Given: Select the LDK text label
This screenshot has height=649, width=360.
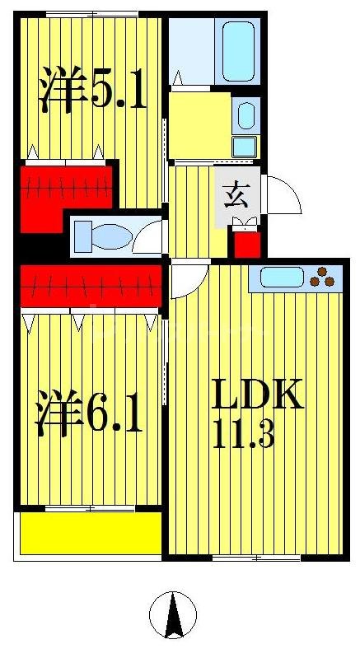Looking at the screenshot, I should point(258,395).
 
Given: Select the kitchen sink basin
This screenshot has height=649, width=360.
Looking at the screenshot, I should point(283,278).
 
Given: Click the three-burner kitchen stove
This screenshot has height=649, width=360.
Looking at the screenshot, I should point(324,278).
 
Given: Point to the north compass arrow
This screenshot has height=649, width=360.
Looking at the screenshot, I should point(173,615).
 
